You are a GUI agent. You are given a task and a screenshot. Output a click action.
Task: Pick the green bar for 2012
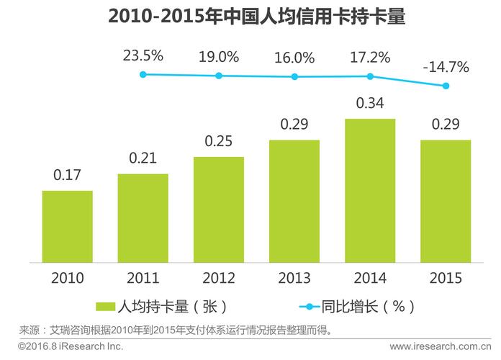(218, 209)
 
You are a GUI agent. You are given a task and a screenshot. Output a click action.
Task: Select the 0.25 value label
(218, 142)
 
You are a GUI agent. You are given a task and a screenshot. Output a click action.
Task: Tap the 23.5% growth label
(143, 55)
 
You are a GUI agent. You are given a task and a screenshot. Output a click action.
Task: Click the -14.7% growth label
(446, 68)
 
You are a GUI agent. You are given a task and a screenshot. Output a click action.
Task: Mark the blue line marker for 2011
(143, 73)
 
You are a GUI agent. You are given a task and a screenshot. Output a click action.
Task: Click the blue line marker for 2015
(446, 86)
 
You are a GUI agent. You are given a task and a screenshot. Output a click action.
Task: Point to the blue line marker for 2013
(294, 76)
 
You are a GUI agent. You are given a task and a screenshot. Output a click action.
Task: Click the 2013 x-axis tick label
(294, 278)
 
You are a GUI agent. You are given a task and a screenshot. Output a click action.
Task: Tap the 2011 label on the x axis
(143, 278)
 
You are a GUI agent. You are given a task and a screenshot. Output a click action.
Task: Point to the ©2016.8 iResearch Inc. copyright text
(71, 347)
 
